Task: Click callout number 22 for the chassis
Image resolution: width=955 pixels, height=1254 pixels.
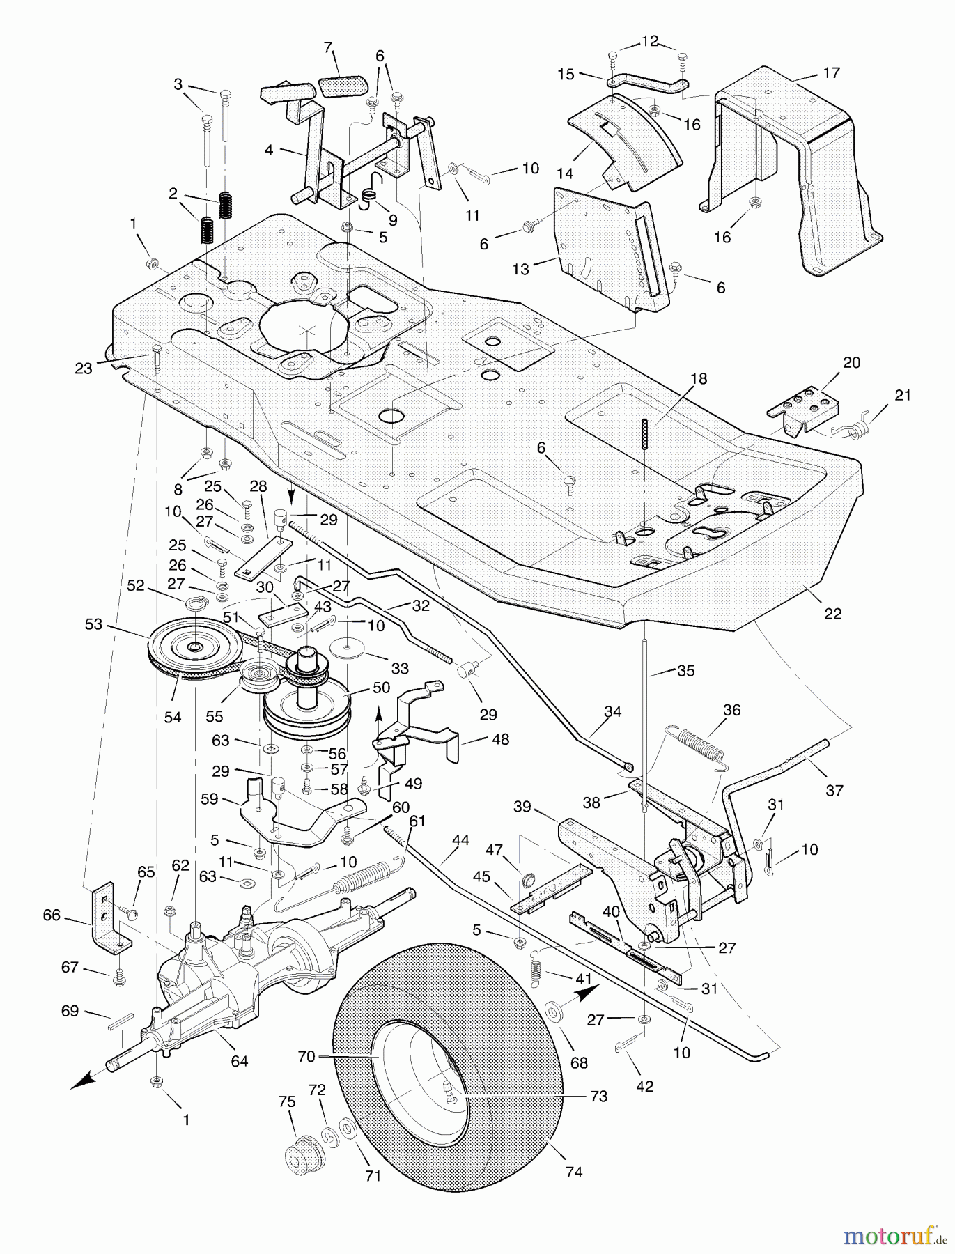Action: pos(832,613)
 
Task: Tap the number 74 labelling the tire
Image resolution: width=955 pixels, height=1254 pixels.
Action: pos(573,1172)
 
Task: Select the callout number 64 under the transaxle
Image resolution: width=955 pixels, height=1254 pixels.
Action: pos(239,1061)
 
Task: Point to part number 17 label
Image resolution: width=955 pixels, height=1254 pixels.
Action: pos(831,72)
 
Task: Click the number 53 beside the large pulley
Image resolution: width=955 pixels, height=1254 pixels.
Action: pos(93,624)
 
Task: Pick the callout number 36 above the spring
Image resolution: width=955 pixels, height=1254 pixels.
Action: pos(732,710)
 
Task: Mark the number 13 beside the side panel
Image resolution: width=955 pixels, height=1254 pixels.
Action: pos(520,269)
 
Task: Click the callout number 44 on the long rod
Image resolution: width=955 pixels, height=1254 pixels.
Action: pos(460,841)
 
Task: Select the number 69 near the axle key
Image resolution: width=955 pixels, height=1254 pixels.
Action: pos(70,1010)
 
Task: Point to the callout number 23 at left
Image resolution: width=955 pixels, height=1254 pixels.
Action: pos(84,368)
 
